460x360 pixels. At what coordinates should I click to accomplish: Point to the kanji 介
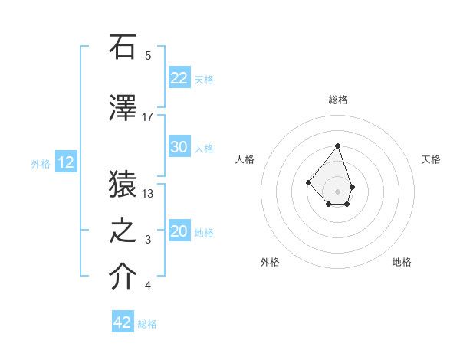123,277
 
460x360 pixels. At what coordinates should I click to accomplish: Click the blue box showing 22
179,78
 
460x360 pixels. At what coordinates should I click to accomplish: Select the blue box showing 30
179,147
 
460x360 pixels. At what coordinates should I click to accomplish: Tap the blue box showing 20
179,231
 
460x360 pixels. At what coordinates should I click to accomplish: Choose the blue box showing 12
66,162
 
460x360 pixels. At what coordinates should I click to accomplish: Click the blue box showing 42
123,322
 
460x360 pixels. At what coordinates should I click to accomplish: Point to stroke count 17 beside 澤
148,117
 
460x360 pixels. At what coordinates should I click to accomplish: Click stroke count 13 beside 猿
148,194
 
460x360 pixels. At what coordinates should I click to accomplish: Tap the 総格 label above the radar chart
338,100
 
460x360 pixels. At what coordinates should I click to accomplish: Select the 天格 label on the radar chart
431,159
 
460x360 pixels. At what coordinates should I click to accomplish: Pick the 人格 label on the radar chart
245,159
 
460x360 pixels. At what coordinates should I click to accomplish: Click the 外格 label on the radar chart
270,262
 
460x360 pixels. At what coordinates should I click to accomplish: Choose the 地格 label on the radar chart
402,262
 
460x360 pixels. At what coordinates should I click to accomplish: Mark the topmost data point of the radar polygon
337,146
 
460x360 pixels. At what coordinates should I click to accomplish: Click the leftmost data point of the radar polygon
308,182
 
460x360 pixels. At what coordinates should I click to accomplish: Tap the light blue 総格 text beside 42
147,324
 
